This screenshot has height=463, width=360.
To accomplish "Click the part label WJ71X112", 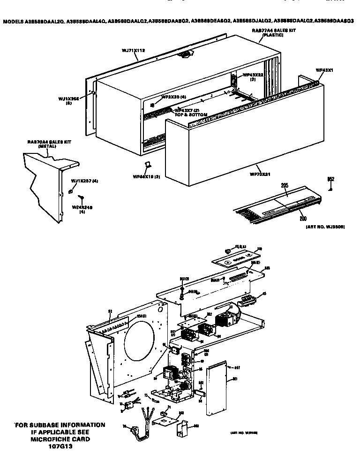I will [133, 49].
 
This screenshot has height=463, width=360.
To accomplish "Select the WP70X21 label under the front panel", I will [257, 174].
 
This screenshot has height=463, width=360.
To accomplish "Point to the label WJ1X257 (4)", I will [84, 181].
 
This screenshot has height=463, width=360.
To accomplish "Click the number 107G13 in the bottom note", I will [61, 446].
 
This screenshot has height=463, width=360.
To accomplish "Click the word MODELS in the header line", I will [15, 22].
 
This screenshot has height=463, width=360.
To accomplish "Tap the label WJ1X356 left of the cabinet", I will [68, 99].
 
